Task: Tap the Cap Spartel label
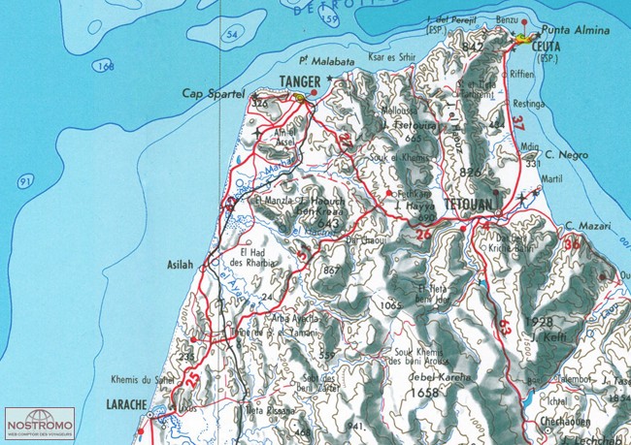click(212, 93)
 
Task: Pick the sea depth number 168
click(106, 65)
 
